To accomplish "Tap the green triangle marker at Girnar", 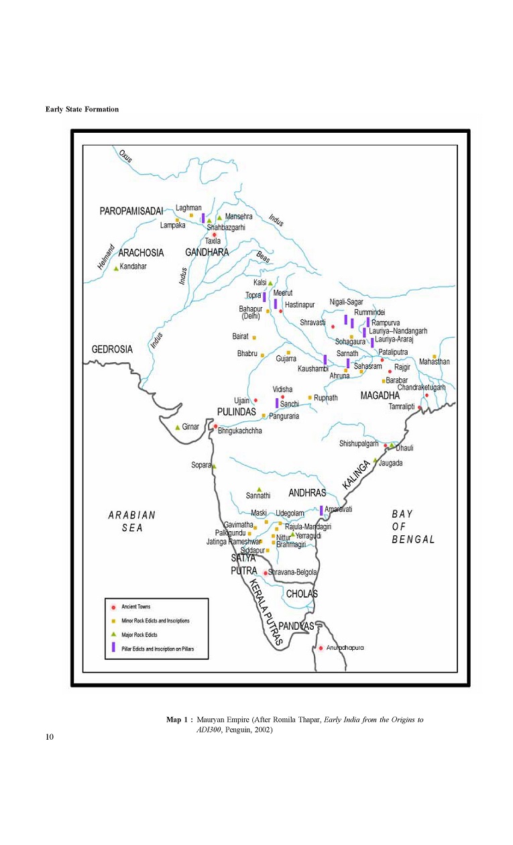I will (x=178, y=427).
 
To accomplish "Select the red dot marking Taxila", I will (x=215, y=234).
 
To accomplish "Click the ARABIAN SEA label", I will (x=132, y=521).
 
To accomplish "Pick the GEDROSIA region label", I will (x=112, y=349).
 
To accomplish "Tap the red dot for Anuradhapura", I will (x=321, y=648).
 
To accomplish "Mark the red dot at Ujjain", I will (x=255, y=400).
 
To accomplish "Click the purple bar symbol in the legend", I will (x=114, y=648).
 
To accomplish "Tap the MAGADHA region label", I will (x=380, y=396).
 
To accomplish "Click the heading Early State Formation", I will (x=82, y=109).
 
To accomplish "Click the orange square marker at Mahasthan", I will (x=435, y=356).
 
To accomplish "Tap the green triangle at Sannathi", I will (x=260, y=489).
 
